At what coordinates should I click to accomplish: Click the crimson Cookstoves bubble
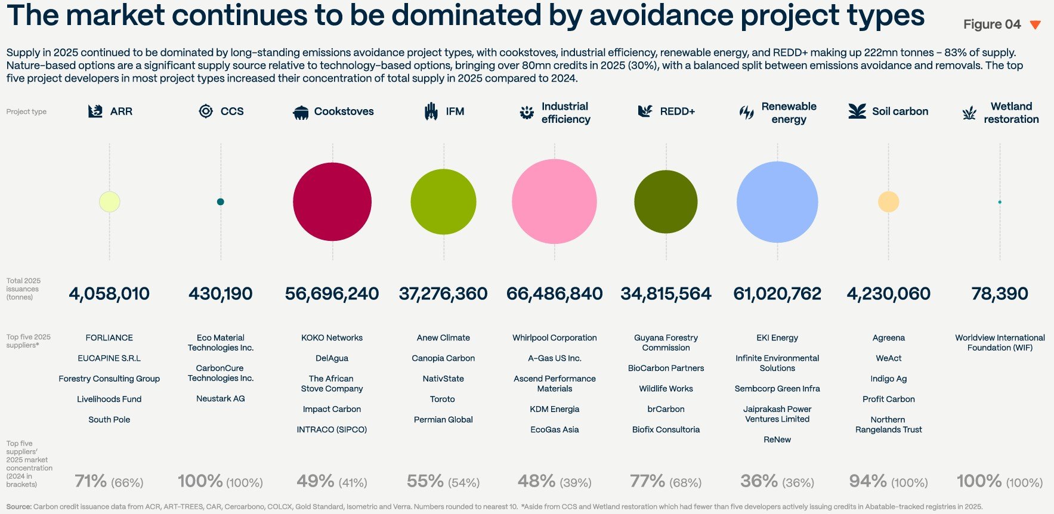(x=332, y=202)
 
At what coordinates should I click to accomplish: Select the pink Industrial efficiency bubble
(x=554, y=202)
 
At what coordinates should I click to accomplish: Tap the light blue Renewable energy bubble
(x=777, y=202)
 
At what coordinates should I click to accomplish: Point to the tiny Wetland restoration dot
(x=1000, y=202)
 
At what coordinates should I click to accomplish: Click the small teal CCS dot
(x=221, y=202)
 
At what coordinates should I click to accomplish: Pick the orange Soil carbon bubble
(x=888, y=202)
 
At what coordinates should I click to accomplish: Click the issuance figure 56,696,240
(x=332, y=293)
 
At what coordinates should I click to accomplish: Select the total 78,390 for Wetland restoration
(x=1000, y=293)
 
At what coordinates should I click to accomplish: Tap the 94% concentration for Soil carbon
(x=868, y=481)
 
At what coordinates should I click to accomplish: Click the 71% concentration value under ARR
(x=91, y=481)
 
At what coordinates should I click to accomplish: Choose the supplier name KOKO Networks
(x=332, y=337)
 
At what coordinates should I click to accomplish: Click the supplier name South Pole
(x=109, y=420)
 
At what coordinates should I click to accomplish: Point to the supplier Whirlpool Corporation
(x=554, y=337)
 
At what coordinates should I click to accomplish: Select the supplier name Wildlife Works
(x=666, y=389)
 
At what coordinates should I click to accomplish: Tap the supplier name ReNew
(x=777, y=439)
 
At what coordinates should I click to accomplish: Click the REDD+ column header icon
(x=645, y=111)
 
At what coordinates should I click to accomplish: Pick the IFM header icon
(x=431, y=111)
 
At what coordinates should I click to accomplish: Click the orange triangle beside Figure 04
(x=1036, y=24)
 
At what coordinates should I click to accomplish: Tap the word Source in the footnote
(x=18, y=507)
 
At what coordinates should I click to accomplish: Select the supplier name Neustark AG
(x=221, y=398)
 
